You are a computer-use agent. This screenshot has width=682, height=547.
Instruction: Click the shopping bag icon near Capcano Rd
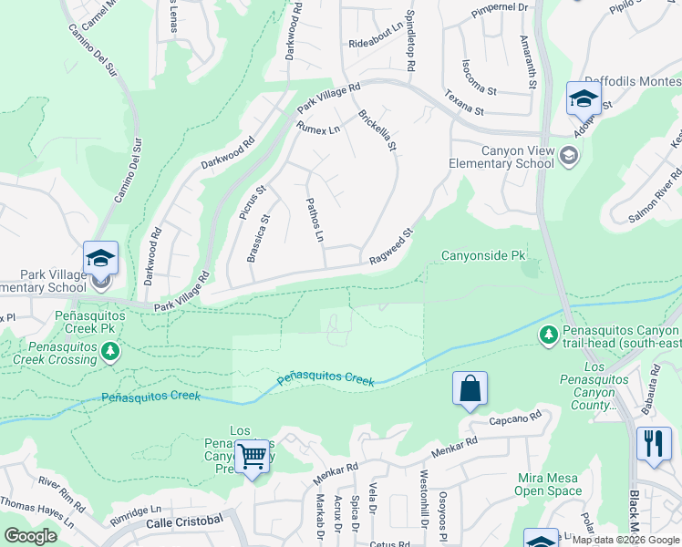[470, 388]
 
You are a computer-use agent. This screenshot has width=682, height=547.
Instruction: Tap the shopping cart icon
[253, 456]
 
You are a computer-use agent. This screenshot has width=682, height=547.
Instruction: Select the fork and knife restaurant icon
[654, 443]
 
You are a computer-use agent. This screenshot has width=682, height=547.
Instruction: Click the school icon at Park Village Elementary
[101, 258]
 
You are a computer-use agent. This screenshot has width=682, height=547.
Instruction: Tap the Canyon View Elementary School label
[501, 157]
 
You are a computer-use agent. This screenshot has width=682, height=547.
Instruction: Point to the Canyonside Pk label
[485, 256]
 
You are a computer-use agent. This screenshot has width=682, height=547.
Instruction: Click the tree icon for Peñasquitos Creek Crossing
[110, 351]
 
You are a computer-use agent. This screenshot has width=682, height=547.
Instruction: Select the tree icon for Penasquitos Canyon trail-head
[549, 336]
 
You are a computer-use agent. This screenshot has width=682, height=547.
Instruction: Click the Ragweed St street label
[391, 247]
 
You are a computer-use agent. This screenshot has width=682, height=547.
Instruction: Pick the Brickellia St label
[378, 130]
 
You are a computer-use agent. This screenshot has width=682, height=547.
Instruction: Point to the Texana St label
[464, 103]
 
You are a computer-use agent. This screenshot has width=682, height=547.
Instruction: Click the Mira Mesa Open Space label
[547, 484]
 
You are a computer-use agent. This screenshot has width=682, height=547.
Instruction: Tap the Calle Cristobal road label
[185, 520]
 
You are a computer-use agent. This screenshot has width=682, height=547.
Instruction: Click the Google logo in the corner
[30, 536]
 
